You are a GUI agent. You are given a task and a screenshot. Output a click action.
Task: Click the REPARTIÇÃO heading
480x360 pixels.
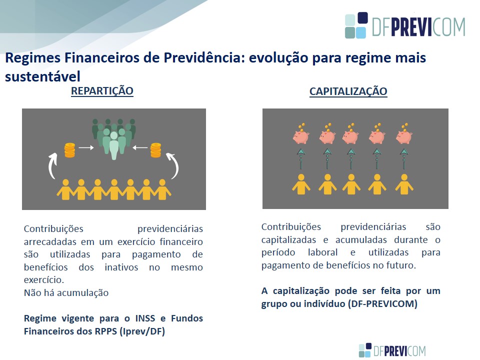tap(102, 91)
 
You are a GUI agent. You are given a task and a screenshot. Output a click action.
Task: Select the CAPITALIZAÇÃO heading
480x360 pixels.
tap(348, 91)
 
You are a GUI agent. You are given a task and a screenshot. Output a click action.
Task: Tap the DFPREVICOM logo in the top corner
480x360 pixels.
tap(405, 25)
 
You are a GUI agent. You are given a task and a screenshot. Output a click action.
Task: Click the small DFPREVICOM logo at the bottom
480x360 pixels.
tap(392, 350)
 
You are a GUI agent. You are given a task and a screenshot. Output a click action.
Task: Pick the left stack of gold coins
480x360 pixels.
tap(70, 150)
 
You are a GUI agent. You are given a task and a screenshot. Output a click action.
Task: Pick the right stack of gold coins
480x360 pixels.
tap(156, 150)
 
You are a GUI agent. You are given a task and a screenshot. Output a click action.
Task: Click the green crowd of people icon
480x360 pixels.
tap(114, 138)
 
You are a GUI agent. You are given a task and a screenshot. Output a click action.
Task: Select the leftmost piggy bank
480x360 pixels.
tap(301, 134)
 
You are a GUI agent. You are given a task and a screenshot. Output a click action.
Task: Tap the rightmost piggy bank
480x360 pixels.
tap(404, 134)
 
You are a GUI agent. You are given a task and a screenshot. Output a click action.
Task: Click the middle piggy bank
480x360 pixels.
tap(351, 134)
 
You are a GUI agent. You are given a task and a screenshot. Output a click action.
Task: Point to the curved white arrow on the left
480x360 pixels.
tap(52, 165)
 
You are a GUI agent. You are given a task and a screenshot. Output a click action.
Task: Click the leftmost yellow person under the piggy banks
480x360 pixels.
tap(301, 184)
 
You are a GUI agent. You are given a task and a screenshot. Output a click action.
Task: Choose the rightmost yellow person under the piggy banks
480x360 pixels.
tap(404, 184)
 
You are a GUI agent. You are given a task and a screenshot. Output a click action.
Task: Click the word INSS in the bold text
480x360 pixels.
tap(145, 318)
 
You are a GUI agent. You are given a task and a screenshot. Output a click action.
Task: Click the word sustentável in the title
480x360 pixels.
tap(42, 76)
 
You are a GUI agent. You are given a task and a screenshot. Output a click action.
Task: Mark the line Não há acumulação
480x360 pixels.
tap(66, 293)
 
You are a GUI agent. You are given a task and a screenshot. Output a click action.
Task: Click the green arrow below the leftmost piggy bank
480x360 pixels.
tap(301, 159)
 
